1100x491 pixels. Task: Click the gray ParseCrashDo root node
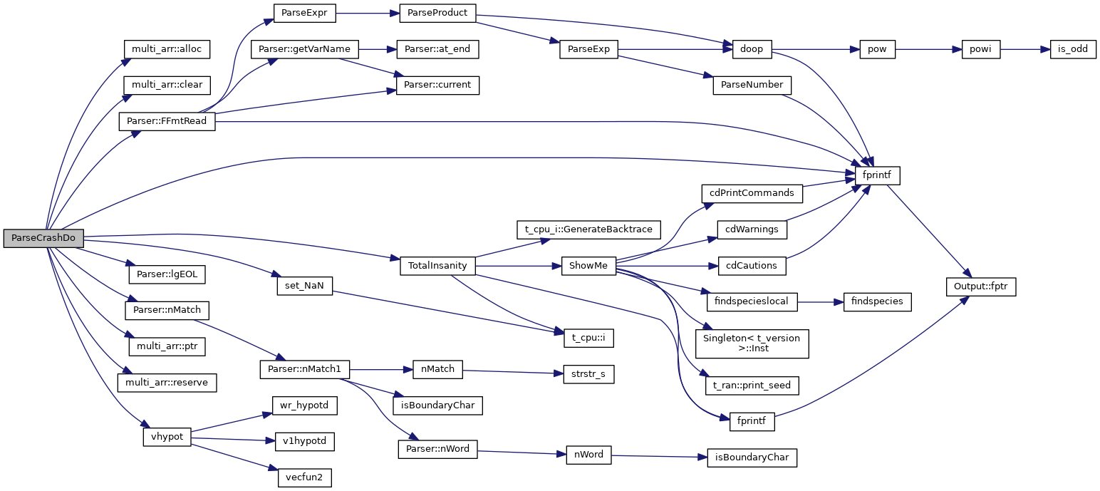[43, 238]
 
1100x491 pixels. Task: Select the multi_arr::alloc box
[167, 50]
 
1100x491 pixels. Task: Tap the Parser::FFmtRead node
[167, 121]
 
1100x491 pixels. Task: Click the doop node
[752, 49]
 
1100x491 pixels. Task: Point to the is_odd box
[1073, 49]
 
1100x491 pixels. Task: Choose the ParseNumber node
[752, 85]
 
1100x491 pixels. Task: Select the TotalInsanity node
[437, 266]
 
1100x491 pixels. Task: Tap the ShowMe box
[588, 266]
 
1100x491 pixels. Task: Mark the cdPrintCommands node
[752, 193]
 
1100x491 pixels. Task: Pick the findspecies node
[876, 301]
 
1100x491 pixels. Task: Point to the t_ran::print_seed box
[752, 386]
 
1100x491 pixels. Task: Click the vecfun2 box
[304, 477]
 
